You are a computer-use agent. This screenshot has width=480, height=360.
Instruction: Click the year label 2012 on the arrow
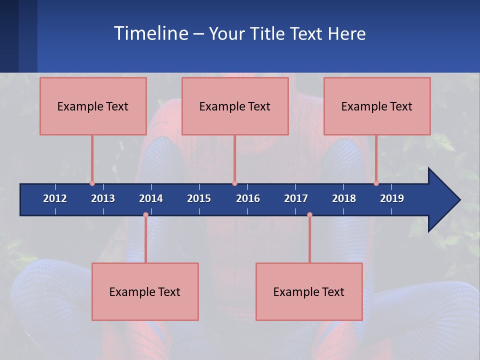click(x=55, y=198)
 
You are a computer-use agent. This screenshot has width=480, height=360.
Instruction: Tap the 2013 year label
click(x=103, y=198)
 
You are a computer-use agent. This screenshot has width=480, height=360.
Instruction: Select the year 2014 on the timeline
click(x=151, y=198)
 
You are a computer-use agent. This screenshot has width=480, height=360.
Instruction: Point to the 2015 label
click(x=199, y=198)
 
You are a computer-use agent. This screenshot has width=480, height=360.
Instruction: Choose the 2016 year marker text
click(x=248, y=198)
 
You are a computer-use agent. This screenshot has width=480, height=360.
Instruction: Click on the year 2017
click(x=296, y=198)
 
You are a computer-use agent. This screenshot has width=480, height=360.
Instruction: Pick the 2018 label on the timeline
click(x=344, y=198)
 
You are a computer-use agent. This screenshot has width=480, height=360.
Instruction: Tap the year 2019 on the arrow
click(x=392, y=198)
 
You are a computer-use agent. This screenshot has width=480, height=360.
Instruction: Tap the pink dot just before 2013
click(x=92, y=183)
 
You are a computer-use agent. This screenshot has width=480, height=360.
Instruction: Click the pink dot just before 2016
click(x=234, y=183)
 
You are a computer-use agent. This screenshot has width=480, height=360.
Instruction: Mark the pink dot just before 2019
click(x=376, y=183)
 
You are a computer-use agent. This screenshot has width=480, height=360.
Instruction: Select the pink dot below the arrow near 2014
click(x=145, y=215)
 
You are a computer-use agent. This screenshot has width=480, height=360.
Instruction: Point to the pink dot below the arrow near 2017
click(x=309, y=215)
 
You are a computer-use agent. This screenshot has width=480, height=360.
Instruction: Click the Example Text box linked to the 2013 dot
click(x=93, y=106)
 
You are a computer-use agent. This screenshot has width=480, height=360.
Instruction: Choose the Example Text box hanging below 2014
click(x=145, y=291)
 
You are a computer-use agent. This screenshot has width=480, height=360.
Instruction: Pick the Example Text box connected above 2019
click(x=377, y=106)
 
